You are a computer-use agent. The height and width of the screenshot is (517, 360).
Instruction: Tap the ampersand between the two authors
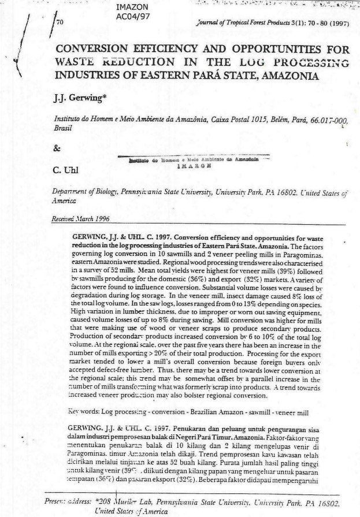(57, 147)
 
